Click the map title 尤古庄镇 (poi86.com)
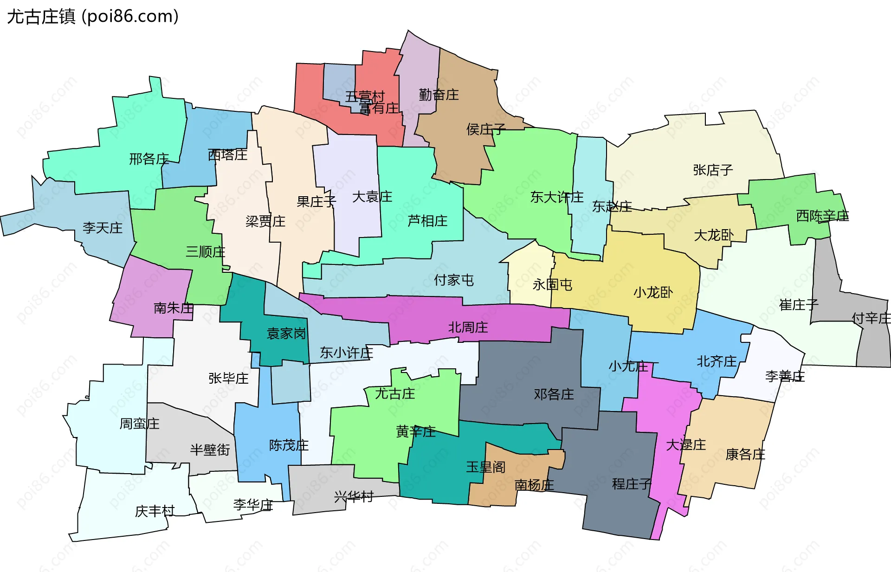(93, 17)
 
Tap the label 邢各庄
(149, 159)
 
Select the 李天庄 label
(103, 228)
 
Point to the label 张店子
(713, 170)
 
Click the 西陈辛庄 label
(822, 216)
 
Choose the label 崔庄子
(799, 305)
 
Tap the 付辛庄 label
(871, 318)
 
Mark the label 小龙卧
(653, 293)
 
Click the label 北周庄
(468, 328)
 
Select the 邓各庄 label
(554, 395)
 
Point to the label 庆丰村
(155, 511)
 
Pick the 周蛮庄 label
(139, 424)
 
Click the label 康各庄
(745, 455)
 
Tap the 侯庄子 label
(485, 129)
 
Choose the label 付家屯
(453, 280)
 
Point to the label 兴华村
(354, 497)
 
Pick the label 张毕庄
(228, 379)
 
